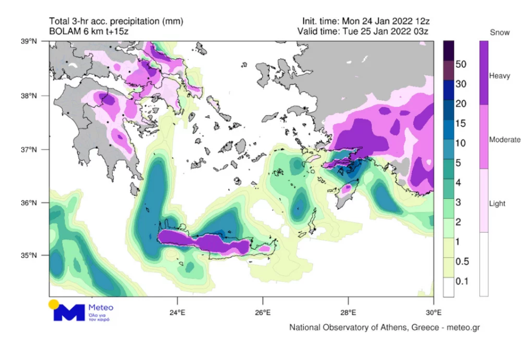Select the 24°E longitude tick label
point(177,312)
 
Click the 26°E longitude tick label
point(263,312)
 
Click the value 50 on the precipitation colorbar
point(460,64)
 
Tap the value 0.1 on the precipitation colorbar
point(461,281)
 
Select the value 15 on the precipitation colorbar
point(460,123)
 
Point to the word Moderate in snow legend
point(504,139)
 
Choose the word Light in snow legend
point(497,203)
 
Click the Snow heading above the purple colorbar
point(499,33)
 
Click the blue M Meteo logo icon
point(69,313)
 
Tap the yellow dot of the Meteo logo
point(53,304)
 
